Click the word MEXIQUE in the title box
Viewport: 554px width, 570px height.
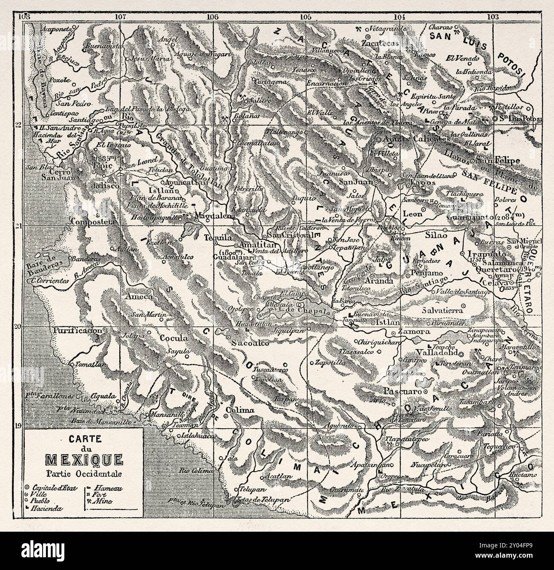pyautogui.click(x=84, y=460)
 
